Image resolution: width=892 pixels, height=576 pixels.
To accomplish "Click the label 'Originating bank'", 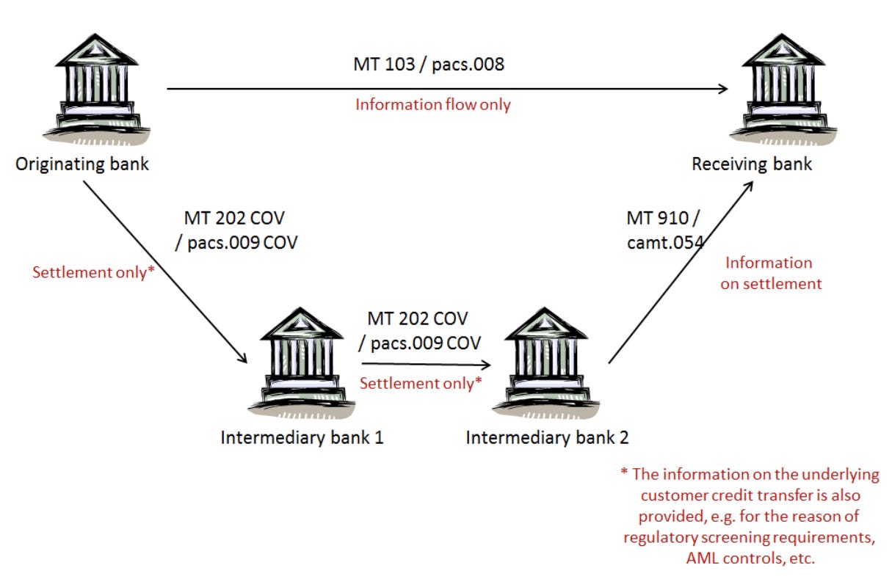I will coord(82,164).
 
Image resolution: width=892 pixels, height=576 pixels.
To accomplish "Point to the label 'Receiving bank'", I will coord(752,164).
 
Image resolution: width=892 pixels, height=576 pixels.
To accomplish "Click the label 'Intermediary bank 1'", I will coord(302,438).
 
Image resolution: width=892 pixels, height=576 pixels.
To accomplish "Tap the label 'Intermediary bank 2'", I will coord(547,438).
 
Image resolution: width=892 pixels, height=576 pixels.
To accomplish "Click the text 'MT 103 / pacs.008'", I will coord(429,64).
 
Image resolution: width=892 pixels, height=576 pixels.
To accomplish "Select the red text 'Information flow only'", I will coord(432,104).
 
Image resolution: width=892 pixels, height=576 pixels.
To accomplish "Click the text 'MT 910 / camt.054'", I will coord(663,228).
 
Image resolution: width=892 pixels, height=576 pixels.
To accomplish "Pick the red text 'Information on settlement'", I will coord(770,273).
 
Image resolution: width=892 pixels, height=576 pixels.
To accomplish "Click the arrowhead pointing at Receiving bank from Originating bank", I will coord(722,89).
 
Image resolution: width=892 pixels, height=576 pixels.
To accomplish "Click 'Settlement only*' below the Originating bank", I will coord(93,272).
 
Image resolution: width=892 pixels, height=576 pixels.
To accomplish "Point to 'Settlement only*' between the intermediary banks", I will coord(420,382).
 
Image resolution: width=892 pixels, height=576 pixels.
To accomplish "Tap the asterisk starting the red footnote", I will coord(623,475).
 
